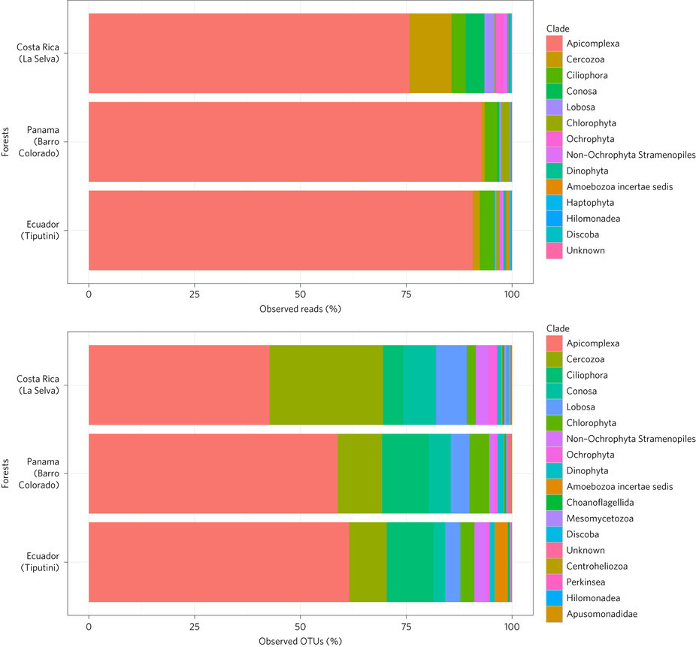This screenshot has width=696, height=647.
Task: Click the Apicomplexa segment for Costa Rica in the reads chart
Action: [248, 53]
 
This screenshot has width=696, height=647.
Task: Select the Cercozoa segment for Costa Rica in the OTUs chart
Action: [325, 385]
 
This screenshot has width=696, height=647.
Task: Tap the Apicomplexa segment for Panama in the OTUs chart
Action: [213, 473]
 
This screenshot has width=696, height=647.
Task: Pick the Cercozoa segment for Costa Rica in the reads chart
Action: [430, 53]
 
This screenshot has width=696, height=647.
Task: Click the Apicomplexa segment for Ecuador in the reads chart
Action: [280, 230]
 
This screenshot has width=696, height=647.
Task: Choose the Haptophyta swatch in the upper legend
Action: [555, 203]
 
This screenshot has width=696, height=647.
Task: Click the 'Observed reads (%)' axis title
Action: [300, 309]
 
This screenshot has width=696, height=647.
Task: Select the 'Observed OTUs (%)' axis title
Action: [300, 641]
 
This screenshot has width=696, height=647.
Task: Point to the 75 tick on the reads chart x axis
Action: [406, 293]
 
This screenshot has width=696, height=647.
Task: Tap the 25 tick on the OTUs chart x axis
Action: [194, 625]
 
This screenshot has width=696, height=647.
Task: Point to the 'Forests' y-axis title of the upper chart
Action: [6, 141]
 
